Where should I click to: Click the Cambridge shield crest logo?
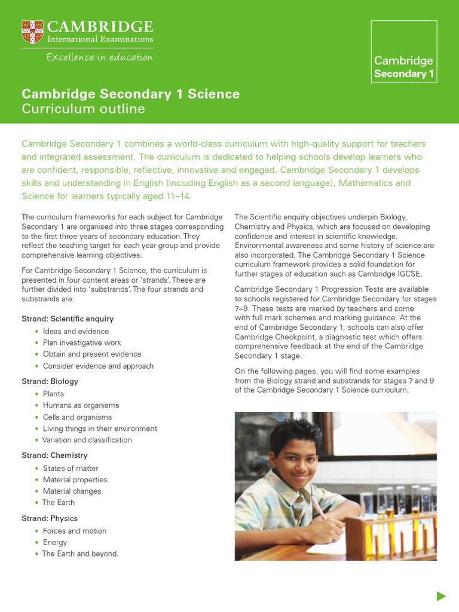tap(32, 32)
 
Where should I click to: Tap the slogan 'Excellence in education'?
tap(99, 57)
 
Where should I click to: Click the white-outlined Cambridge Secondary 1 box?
tap(403, 51)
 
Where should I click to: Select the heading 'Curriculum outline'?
tap(83, 109)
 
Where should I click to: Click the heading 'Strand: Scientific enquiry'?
tap(68, 319)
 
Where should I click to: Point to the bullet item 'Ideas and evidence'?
tap(75, 331)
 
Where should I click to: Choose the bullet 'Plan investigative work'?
tap(82, 342)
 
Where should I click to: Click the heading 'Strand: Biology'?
tap(50, 381)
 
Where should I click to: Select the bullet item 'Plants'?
tap(53, 394)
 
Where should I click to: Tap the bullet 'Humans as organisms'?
tap(81, 405)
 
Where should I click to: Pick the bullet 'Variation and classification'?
tap(87, 440)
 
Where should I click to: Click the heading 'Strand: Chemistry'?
tap(54, 455)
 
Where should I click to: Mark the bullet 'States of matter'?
tap(71, 468)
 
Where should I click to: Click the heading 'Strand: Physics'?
tap(50, 518)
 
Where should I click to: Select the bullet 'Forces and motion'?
tap(75, 531)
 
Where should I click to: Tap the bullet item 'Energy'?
tap(55, 542)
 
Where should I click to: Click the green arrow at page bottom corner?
tap(441, 595)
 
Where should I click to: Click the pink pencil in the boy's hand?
tap(318, 507)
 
